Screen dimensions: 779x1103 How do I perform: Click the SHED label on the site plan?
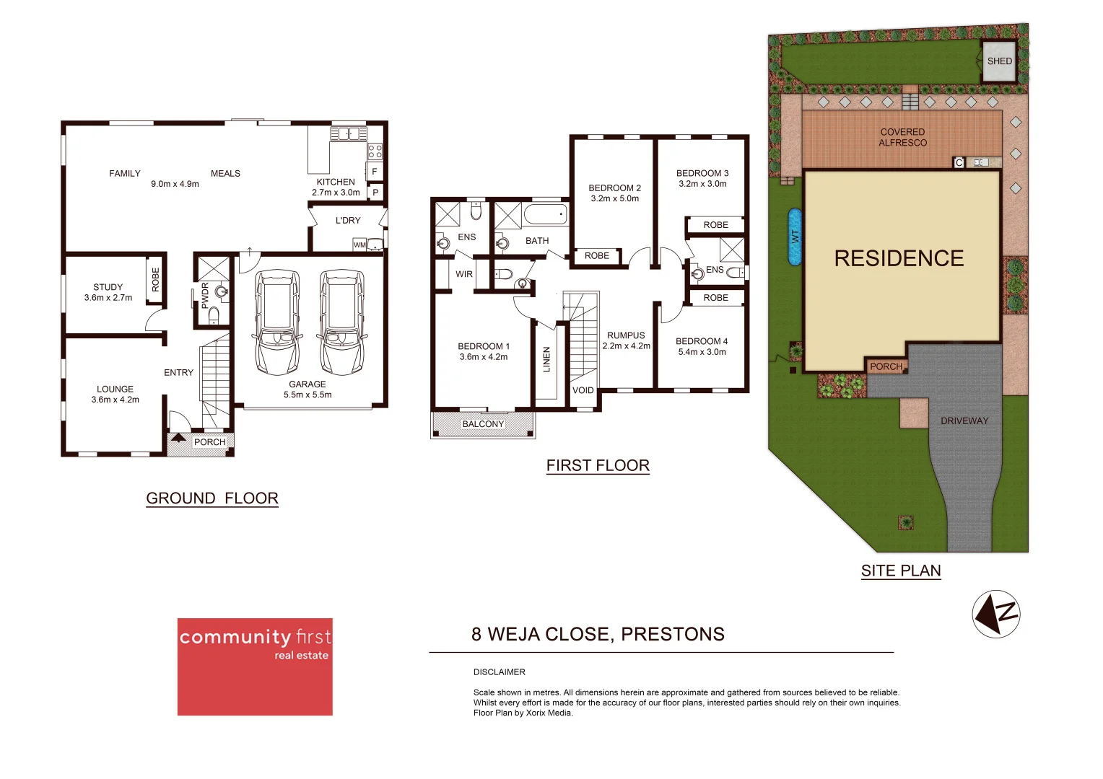[1000, 61]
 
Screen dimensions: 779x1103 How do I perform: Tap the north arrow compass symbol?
[996, 614]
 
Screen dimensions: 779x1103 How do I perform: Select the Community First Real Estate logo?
[255, 666]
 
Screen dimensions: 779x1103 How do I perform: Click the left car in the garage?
[277, 322]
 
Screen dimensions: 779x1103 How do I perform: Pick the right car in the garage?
[341, 322]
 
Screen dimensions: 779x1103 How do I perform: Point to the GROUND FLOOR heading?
[212, 498]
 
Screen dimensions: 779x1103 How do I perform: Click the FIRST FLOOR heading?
[598, 466]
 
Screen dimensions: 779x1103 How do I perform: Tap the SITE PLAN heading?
[901, 571]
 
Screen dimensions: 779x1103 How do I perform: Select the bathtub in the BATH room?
[545, 214]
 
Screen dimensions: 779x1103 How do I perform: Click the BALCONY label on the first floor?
[483, 424]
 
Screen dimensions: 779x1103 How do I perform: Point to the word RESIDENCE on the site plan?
[899, 258]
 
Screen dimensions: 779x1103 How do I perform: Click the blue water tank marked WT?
[795, 237]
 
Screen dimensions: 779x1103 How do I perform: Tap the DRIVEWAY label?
[964, 421]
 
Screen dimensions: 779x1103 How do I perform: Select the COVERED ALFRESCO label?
[902, 137]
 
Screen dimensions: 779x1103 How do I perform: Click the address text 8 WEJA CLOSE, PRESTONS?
[598, 634]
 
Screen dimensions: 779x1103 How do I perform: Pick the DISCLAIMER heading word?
[500, 672]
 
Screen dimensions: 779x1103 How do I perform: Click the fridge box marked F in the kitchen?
[375, 172]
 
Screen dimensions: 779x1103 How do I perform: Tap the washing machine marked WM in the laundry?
[359, 245]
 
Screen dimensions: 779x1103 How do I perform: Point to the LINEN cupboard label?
[546, 359]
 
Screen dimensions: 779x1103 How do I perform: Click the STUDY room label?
[108, 287]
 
